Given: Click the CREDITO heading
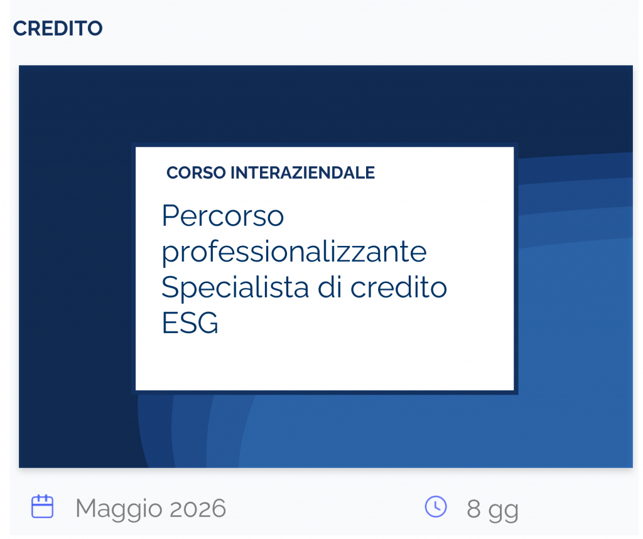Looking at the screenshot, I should [x=58, y=29].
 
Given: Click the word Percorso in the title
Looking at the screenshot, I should [x=223, y=216].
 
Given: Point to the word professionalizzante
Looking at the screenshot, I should [x=294, y=252].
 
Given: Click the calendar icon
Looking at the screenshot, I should [x=43, y=506].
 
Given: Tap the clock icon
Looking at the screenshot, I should [x=436, y=506].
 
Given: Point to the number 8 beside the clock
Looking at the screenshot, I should [x=473, y=508].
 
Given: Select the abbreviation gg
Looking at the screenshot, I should [x=503, y=510].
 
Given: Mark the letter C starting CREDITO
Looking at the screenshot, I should [x=19, y=29].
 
